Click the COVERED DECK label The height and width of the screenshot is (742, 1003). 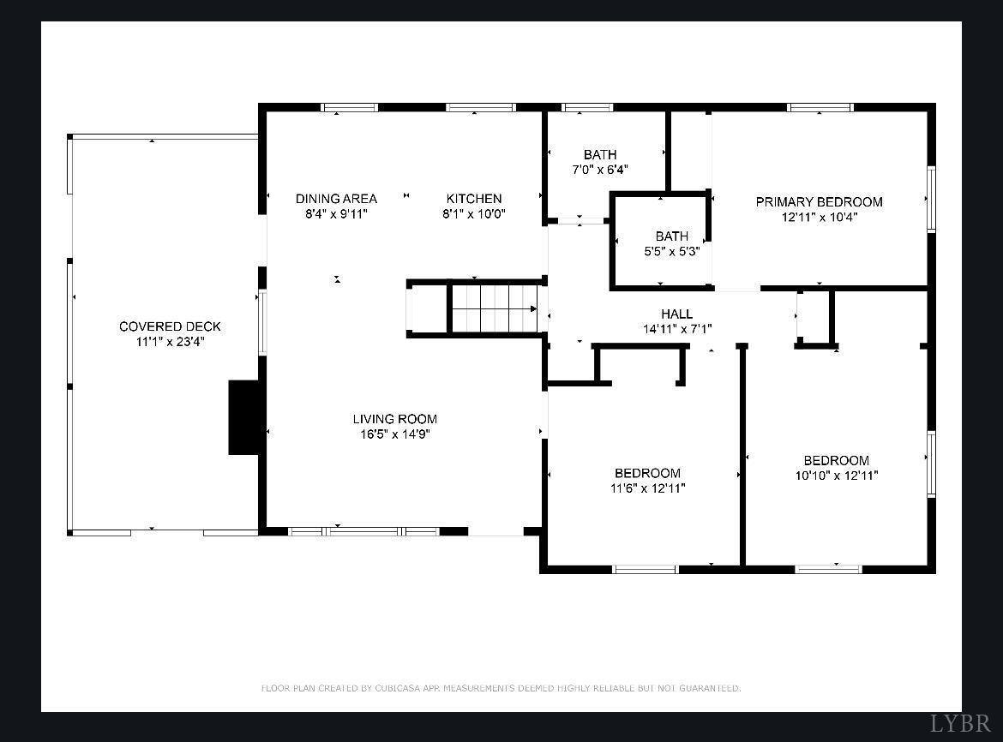170,326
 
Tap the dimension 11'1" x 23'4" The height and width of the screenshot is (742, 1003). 170,341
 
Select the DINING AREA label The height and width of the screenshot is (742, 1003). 336,199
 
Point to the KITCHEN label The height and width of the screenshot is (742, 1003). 473,199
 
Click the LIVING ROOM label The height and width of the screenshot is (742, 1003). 395,419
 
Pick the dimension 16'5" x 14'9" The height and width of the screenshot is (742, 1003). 395,434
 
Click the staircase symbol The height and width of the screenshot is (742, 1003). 493,308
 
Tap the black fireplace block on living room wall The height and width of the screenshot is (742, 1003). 243,417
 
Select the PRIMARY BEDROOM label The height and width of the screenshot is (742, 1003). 819,202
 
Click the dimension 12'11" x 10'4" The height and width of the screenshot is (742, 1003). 819,217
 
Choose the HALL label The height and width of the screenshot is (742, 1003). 676,314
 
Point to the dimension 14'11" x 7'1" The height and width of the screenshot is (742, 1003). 677,329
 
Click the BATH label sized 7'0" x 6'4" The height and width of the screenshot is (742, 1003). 600,155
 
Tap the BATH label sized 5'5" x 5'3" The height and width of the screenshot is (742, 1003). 672,236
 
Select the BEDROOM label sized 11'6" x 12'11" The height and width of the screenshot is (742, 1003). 647,474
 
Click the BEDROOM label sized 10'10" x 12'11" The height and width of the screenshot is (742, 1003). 836,460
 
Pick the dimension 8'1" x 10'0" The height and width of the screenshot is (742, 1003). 473,214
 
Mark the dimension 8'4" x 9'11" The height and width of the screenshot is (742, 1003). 336,214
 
